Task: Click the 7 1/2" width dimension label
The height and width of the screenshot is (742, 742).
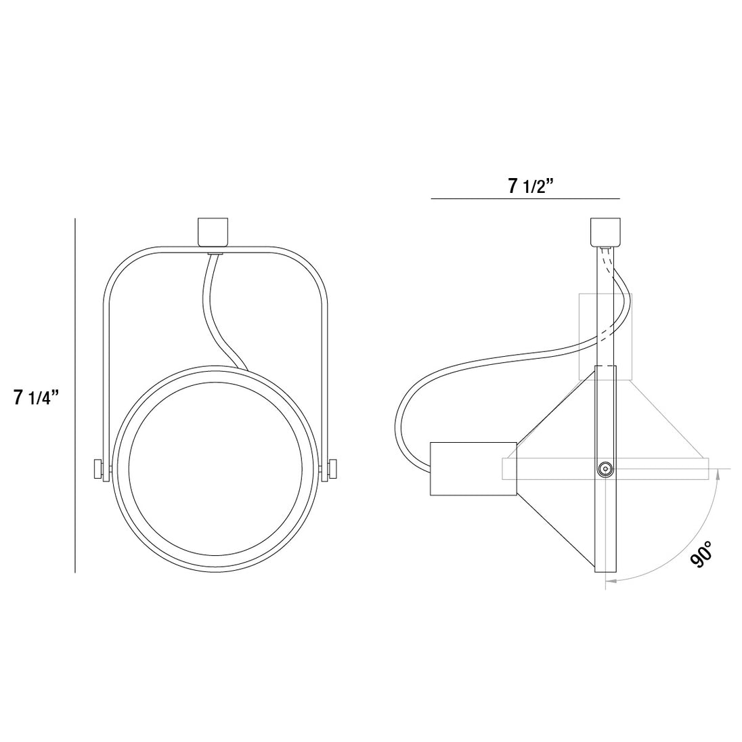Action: point(531,186)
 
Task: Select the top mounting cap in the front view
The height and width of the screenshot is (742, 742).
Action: point(213,232)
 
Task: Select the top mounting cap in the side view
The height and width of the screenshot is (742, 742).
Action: point(605,232)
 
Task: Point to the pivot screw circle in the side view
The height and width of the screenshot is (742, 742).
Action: point(605,469)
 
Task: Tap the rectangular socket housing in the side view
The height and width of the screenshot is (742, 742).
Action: point(473,469)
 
